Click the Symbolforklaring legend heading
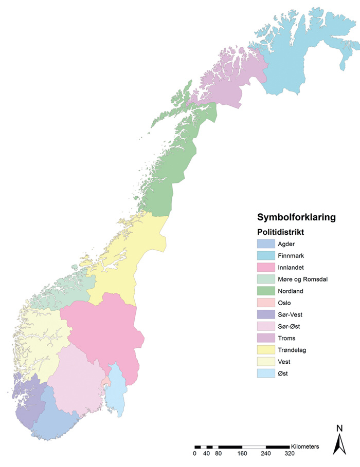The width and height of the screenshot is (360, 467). click(x=296, y=217)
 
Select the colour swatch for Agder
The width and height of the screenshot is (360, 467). click(x=265, y=244)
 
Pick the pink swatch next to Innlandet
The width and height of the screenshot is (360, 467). click(x=265, y=268)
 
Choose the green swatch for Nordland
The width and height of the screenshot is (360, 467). click(x=265, y=291)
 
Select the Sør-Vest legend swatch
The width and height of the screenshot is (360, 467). click(x=265, y=315)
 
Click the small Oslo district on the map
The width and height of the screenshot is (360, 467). click(x=106, y=382)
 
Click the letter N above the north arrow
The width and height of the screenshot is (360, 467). click(x=339, y=427)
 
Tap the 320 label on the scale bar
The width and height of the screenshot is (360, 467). click(x=289, y=454)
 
